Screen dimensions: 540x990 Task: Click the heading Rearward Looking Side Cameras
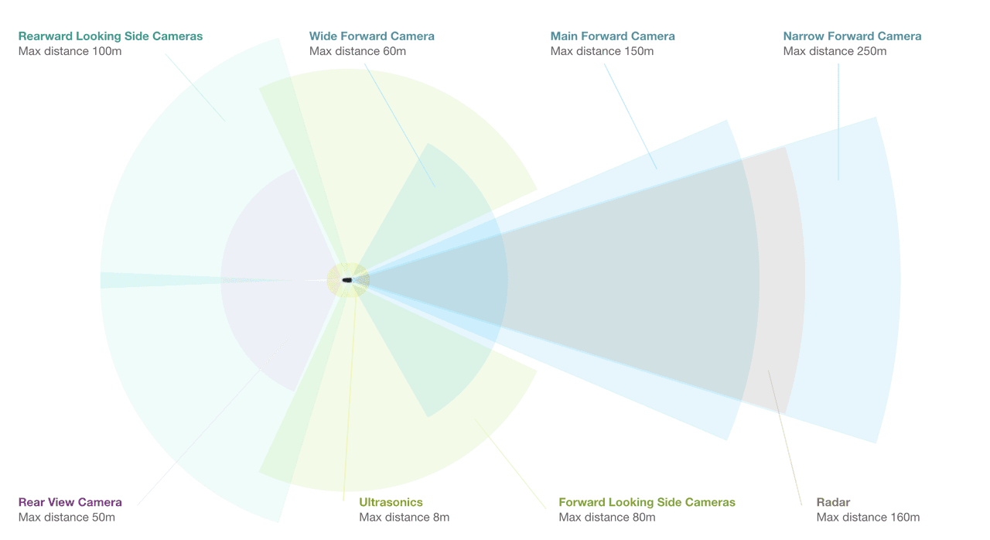tap(111, 36)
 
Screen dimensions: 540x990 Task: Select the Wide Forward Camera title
tap(371, 36)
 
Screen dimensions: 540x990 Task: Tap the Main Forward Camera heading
tap(613, 36)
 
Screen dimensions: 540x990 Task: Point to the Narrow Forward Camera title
tap(852, 36)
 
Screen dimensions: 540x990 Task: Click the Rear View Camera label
tap(70, 503)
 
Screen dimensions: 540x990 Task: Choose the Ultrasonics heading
tap(391, 503)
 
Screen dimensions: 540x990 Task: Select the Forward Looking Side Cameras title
tap(647, 503)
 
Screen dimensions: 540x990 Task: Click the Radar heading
tap(833, 503)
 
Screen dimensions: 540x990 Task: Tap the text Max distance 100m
tap(70, 52)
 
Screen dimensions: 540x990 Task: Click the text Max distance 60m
tap(357, 52)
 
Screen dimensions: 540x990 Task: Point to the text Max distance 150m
tap(602, 52)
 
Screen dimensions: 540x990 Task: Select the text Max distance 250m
tap(835, 52)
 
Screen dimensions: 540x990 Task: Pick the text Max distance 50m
tap(67, 518)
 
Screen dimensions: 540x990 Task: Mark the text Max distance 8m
tap(404, 518)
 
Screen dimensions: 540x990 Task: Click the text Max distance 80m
tap(607, 518)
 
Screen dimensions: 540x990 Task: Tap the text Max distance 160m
tap(868, 518)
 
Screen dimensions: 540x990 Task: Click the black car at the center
tap(347, 280)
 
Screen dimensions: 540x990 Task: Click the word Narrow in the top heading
tap(803, 36)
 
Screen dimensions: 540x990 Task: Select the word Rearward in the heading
tap(45, 36)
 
